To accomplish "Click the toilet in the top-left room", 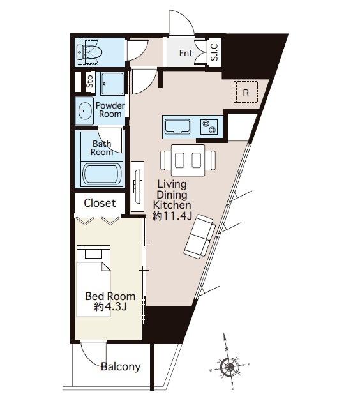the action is (x=89, y=52).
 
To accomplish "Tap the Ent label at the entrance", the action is (x=186, y=53).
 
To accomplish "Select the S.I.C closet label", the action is (x=214, y=52).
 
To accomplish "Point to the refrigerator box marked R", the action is (x=246, y=92).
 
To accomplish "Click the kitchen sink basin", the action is (x=177, y=126).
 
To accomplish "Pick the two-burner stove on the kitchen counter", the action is (x=209, y=127).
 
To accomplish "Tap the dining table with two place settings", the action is (x=188, y=160).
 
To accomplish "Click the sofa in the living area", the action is (x=200, y=236).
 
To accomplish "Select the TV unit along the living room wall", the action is (x=138, y=186).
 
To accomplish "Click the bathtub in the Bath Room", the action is (x=101, y=174).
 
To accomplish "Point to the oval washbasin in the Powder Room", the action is (x=85, y=111).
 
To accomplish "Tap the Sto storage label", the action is (x=89, y=81).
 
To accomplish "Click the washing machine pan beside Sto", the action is (x=113, y=84).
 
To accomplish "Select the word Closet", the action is (x=100, y=203).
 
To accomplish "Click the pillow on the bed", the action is (x=93, y=253).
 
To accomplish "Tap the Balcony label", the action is (x=121, y=366).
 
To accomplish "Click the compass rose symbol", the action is (x=230, y=366).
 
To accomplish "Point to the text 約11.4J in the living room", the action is (x=172, y=216).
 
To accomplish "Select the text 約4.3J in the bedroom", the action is (x=110, y=307).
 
